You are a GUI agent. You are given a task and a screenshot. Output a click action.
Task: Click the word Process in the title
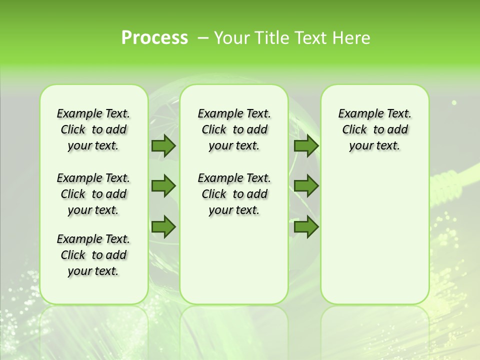coord(154,38)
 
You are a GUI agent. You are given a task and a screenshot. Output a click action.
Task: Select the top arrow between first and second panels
coord(163,145)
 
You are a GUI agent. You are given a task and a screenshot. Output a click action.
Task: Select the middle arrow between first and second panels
coord(163,186)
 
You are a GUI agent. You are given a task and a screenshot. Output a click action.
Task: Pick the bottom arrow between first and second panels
coord(163,226)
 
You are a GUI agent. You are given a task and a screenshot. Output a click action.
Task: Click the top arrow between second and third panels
coord(306,145)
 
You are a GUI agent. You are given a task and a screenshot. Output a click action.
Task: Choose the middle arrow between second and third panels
coord(306,186)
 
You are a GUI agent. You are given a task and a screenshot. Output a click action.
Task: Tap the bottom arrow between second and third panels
coord(306,226)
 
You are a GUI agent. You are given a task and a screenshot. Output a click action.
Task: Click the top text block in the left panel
coord(93,129)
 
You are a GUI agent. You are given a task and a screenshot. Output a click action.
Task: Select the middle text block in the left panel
coord(93,194)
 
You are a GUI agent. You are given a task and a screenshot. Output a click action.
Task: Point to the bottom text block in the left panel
coord(93,255)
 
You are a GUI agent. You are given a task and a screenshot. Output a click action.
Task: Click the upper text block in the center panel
coord(234,129)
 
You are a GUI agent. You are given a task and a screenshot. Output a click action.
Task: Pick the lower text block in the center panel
coord(234,194)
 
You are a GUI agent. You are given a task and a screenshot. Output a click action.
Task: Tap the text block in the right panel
coord(374,129)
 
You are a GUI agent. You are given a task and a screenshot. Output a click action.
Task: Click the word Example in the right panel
coord(356,114)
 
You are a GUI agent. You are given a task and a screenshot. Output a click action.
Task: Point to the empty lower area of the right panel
coord(374,235)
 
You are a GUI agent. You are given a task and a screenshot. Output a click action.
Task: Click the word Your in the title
coord(232,38)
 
